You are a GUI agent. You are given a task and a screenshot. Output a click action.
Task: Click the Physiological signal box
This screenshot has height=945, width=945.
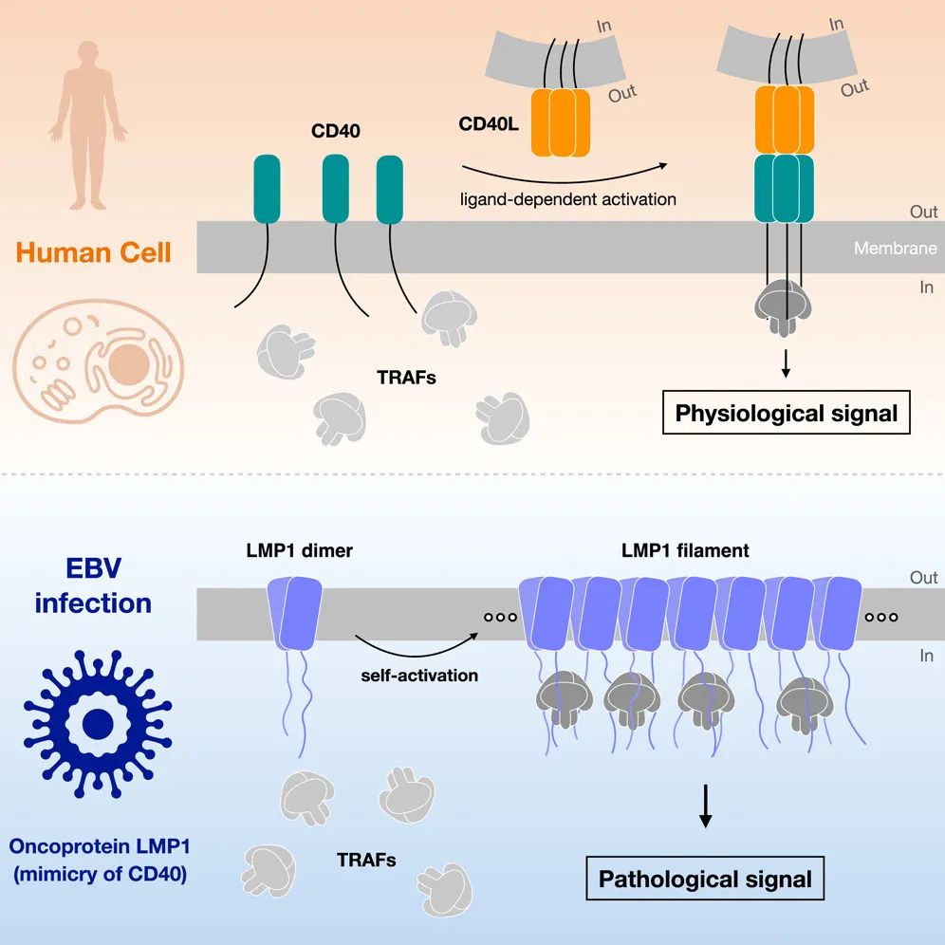point(786,413)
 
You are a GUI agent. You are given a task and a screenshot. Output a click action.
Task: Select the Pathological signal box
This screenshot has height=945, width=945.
point(705,879)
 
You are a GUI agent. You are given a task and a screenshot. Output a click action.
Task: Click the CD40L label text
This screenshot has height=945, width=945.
point(487,124)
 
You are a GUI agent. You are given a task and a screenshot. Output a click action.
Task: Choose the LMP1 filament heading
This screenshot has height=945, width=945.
point(684,550)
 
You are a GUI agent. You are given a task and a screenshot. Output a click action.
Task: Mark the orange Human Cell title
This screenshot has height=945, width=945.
point(94,253)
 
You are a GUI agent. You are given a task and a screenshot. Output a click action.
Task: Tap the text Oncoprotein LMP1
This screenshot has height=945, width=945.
point(99,844)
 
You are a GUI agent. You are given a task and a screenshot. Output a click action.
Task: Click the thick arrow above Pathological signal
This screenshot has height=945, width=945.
point(705,806)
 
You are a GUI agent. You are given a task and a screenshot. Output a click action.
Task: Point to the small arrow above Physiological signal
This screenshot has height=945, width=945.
point(786,363)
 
